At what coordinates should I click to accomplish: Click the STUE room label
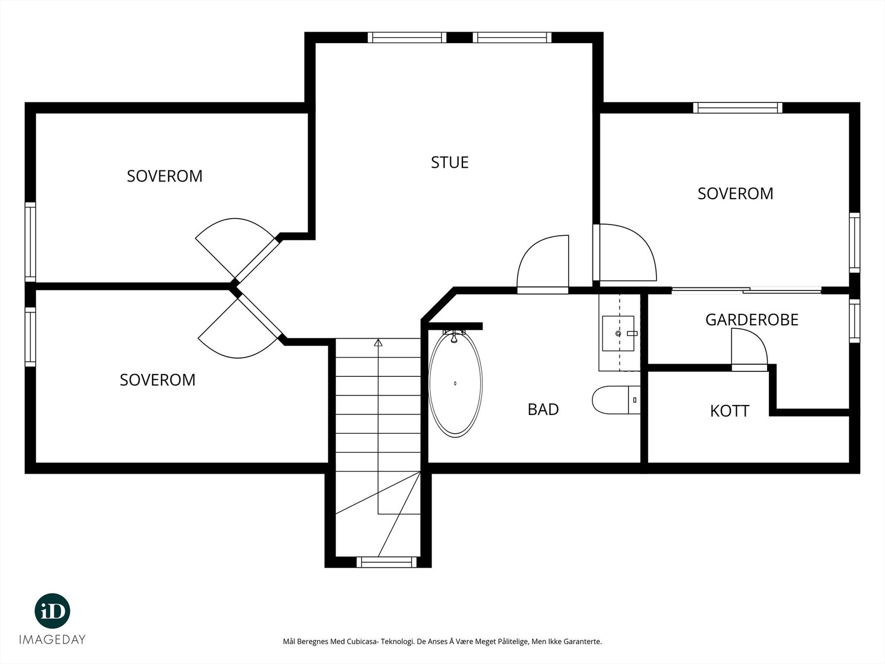click(450, 163)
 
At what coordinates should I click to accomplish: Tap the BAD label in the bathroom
click(543, 409)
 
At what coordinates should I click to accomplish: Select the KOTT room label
click(730, 411)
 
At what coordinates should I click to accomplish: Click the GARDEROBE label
click(752, 320)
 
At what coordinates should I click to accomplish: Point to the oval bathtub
click(455, 383)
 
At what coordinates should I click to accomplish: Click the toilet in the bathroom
click(616, 400)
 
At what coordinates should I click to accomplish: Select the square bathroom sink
click(618, 334)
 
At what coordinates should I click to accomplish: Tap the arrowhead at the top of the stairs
click(378, 343)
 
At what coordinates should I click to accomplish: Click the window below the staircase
click(387, 562)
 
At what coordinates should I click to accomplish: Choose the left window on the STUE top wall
click(407, 38)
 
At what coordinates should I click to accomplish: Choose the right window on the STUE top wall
click(512, 38)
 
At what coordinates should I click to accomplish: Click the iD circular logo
click(53, 611)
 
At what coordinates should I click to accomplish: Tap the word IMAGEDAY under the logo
click(53, 640)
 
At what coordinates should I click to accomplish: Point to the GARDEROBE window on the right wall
click(855, 321)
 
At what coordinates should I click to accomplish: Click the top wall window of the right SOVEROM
click(738, 108)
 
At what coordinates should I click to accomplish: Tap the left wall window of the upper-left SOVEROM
click(30, 242)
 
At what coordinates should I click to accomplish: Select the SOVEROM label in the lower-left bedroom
click(158, 380)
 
